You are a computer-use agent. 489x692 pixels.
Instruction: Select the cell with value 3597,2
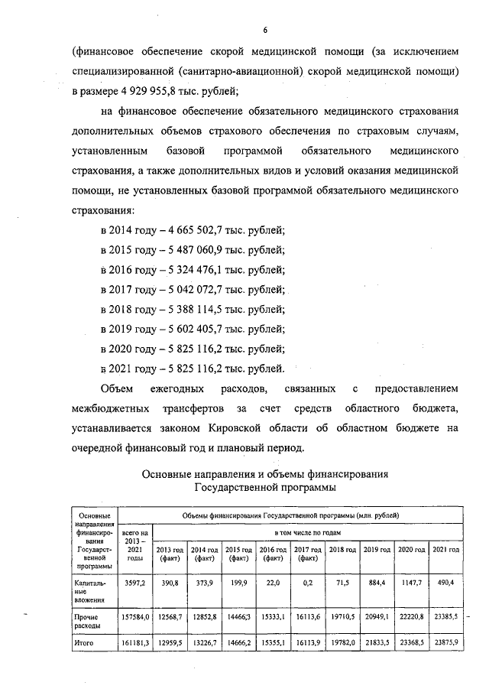click(x=134, y=583)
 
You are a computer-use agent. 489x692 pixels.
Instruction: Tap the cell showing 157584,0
click(x=134, y=616)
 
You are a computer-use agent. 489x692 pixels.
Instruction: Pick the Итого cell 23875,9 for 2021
click(x=444, y=643)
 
